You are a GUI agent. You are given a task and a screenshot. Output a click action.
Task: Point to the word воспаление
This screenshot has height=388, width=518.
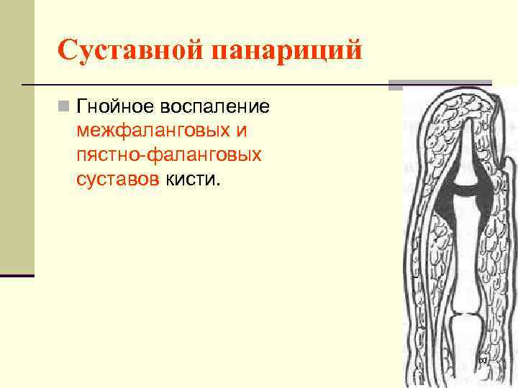pyautogui.click(x=221, y=107)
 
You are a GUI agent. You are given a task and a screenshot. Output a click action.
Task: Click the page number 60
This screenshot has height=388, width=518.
pyautogui.click(x=482, y=359)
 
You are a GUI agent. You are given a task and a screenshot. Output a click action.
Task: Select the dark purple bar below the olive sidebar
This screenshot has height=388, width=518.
pyautogui.click(x=17, y=275)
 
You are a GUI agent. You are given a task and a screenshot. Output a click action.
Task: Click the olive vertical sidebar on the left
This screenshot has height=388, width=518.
pyautogui.click(x=17, y=144)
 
